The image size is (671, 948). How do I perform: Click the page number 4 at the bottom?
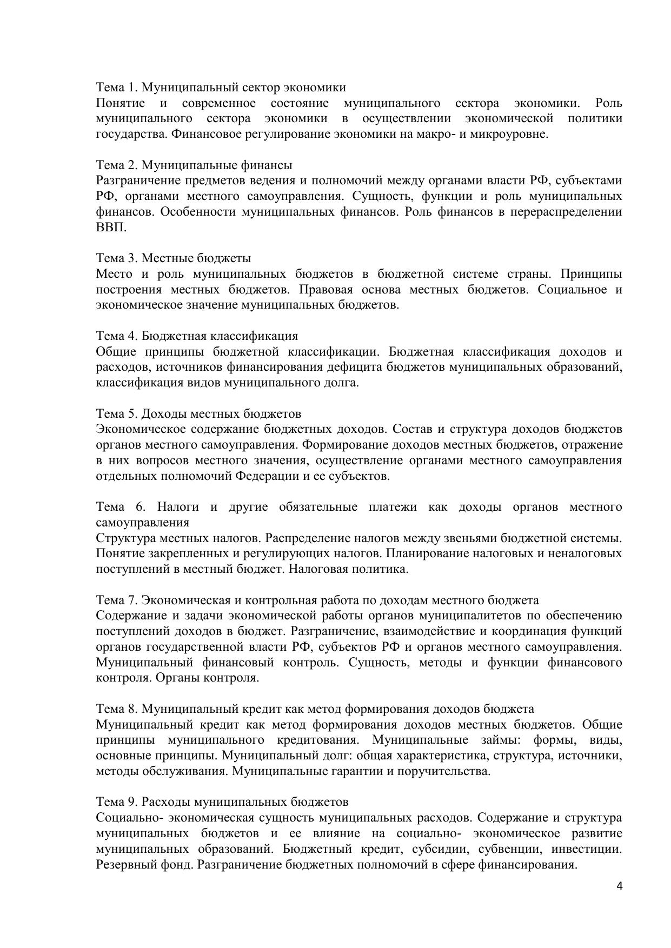(619, 886)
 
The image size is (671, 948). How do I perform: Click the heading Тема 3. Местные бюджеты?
(173, 258)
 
